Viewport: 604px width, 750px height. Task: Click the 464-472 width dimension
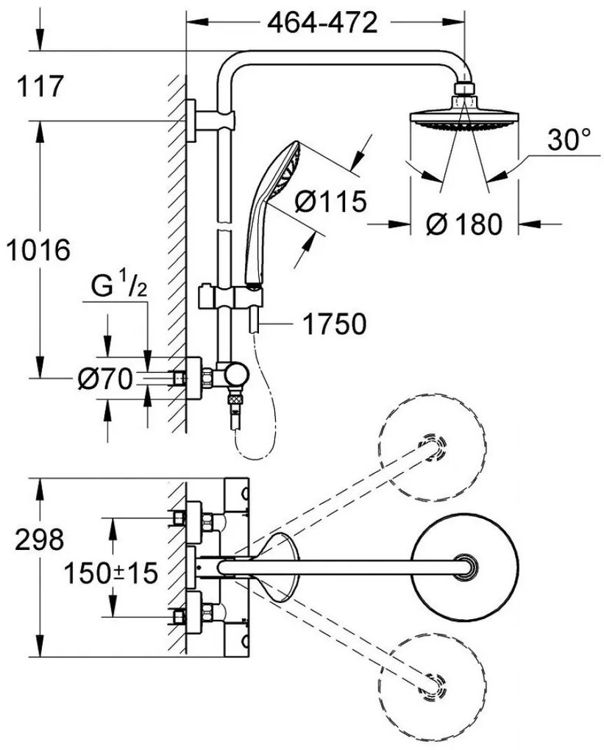pyautogui.click(x=322, y=23)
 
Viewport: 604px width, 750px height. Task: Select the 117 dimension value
pyautogui.click(x=40, y=87)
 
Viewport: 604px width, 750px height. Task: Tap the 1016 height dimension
pyautogui.click(x=38, y=250)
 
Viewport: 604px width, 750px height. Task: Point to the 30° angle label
pyautogui.click(x=569, y=140)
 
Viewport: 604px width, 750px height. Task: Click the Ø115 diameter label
pyautogui.click(x=330, y=201)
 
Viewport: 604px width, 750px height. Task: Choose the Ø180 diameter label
pyautogui.click(x=463, y=224)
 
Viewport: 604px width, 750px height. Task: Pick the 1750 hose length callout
pyautogui.click(x=335, y=324)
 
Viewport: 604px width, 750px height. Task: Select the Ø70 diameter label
pyautogui.click(x=104, y=379)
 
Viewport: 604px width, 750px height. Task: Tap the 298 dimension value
pyautogui.click(x=39, y=539)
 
